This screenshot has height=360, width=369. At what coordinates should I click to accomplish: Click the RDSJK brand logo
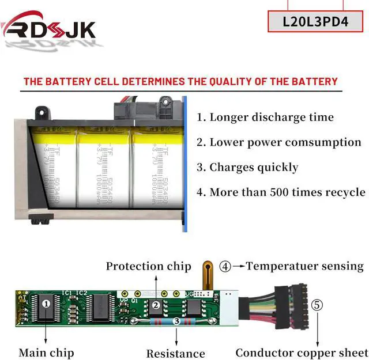(49, 27)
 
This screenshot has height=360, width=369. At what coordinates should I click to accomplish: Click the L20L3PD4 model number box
(315, 21)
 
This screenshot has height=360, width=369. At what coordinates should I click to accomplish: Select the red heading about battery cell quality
(180, 81)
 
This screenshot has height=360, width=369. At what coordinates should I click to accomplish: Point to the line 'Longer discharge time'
(265, 118)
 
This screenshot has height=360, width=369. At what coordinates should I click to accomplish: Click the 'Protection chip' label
(148, 266)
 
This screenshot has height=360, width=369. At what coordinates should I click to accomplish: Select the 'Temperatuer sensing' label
(305, 266)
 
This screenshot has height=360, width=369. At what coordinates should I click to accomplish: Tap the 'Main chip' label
(46, 352)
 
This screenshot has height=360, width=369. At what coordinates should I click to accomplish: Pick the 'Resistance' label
(175, 353)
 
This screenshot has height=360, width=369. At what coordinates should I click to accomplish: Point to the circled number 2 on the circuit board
(155, 305)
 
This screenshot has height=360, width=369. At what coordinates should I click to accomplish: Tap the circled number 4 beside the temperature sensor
(225, 267)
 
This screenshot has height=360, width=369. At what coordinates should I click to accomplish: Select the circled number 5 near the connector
(317, 305)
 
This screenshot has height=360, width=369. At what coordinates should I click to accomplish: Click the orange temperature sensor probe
(208, 275)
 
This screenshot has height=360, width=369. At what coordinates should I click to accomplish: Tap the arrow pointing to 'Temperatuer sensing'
(239, 267)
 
